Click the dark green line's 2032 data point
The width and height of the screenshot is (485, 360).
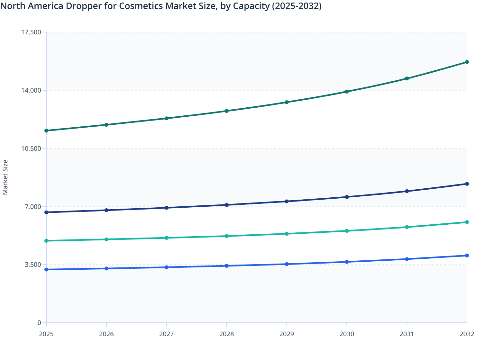[467, 62]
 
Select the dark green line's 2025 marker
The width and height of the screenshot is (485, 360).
[46, 130]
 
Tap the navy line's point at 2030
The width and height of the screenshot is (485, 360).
[347, 197]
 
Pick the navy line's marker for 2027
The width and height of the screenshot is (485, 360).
[167, 208]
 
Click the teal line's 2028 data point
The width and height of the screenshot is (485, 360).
[226, 236]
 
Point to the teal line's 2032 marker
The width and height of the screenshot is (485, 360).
[467, 222]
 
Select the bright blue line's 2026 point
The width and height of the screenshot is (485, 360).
[106, 268]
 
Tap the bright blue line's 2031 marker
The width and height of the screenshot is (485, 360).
[407, 259]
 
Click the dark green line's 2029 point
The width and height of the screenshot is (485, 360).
[287, 102]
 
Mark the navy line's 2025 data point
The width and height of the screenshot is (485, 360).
[46, 212]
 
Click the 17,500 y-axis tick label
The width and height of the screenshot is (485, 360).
[31, 32]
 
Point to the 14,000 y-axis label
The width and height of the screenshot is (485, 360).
[31, 90]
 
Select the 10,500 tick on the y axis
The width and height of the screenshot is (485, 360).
[31, 148]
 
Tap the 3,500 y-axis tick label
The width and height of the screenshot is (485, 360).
[33, 265]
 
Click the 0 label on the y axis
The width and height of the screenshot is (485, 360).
[39, 323]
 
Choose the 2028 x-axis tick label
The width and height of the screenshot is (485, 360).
[226, 334]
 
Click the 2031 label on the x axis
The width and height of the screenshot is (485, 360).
[407, 334]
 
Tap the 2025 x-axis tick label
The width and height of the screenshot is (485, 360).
[46, 334]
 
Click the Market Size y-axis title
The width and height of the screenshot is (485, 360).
[5, 177]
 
